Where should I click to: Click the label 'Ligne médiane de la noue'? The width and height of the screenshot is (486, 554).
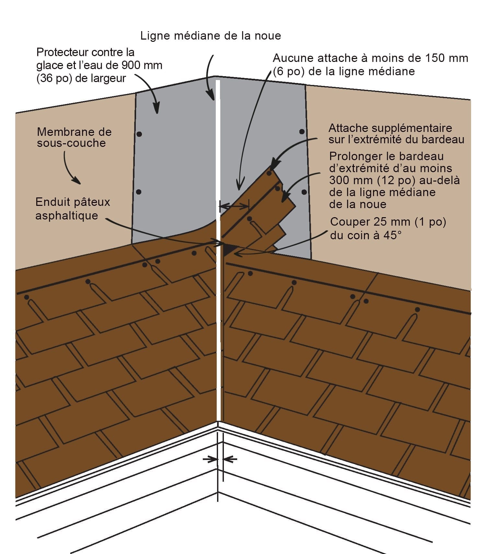coord(211,36)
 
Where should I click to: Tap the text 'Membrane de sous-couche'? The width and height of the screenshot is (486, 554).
coord(74,137)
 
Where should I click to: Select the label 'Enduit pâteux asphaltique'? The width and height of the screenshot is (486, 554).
coord(73,209)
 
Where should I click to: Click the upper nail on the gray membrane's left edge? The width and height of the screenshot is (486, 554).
coord(139,134)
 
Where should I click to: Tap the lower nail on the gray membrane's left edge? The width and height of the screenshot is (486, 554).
coord(139,192)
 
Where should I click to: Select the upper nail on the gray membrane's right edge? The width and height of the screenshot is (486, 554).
coord(302,132)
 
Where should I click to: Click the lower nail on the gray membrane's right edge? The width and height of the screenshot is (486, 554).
coord(304,192)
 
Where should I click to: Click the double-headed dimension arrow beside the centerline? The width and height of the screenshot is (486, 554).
coord(234,206)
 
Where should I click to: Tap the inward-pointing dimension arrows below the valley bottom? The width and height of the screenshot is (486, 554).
coord(220,459)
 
